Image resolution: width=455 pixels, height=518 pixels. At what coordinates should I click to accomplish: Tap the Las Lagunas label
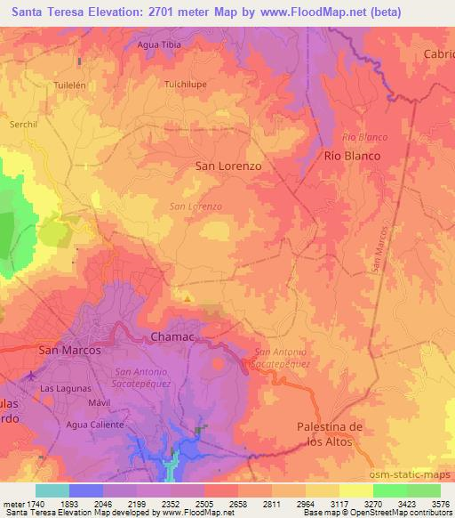point(61,389)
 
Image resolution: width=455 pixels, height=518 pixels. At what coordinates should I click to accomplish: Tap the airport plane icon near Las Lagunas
point(32,376)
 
